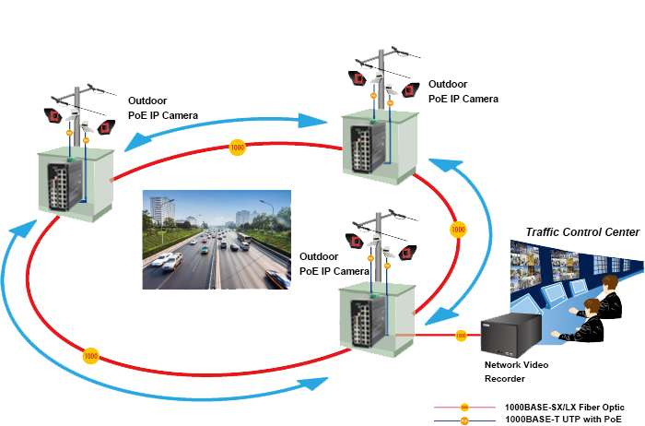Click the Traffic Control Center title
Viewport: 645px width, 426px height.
tap(582, 231)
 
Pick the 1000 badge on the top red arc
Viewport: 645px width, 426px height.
tap(237, 147)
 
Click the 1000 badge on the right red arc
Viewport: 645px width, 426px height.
tap(457, 228)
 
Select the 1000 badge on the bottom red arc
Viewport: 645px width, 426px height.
tap(90, 355)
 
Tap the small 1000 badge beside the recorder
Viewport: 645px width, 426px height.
tap(461, 336)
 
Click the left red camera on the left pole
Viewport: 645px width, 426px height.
tap(54, 116)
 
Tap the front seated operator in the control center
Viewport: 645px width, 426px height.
tap(590, 319)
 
